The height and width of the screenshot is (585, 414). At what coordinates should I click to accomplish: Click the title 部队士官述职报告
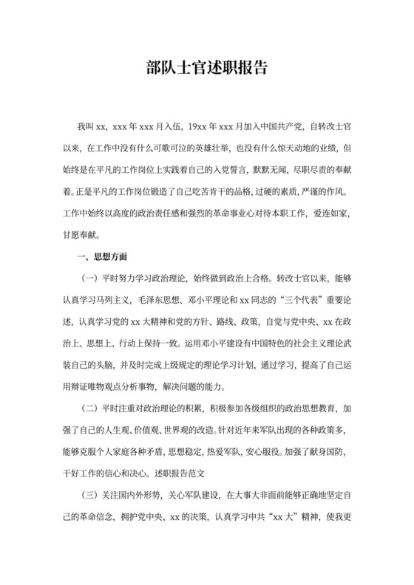(x=207, y=68)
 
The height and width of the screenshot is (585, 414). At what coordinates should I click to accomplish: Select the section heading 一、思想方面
(x=102, y=257)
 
